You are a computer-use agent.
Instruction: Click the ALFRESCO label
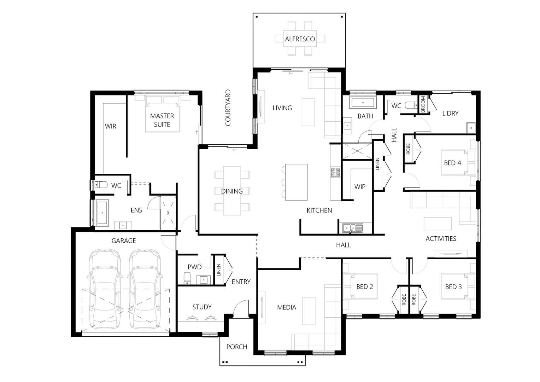300,39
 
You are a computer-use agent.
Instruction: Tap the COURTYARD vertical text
228,108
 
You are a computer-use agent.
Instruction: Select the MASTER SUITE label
162,120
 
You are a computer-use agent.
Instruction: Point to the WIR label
110,126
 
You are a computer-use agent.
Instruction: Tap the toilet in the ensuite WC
101,185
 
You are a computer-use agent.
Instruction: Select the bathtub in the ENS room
102,212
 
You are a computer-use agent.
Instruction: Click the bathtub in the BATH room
362,103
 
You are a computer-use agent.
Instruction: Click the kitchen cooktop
335,172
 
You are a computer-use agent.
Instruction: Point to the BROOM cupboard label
423,105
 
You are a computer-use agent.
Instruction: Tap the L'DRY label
450,114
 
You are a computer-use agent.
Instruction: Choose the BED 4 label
452,163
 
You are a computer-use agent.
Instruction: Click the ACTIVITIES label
441,239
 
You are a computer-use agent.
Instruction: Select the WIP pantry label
360,187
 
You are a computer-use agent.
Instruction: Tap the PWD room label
194,267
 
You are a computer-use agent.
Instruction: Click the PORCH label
236,347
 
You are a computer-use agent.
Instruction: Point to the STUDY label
202,307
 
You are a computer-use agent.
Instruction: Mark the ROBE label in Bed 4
408,149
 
